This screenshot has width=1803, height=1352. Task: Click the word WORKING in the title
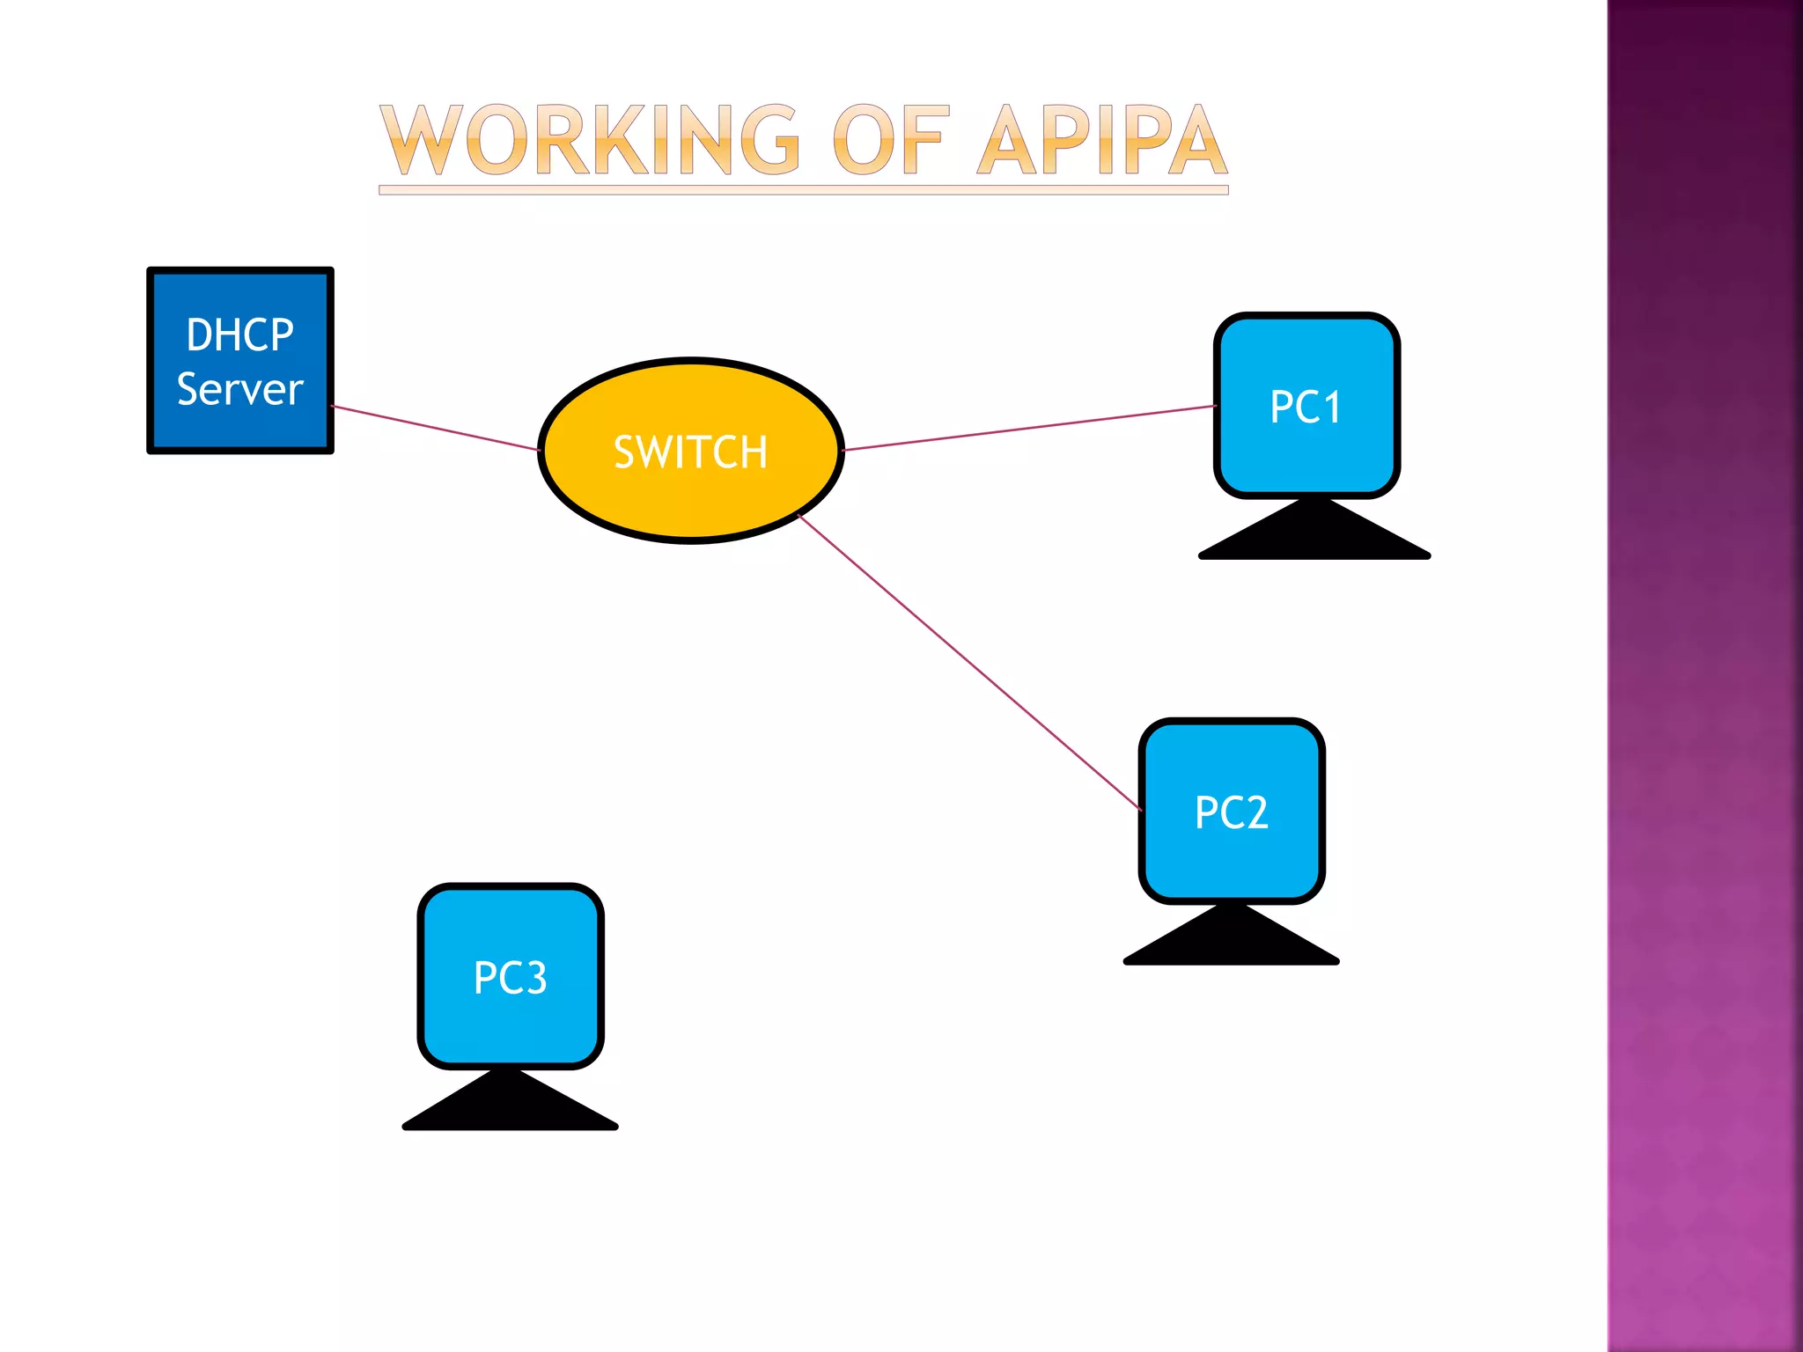tap(590, 141)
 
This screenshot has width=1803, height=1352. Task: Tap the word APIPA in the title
tap(1102, 141)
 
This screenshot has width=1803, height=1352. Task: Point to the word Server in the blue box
tap(240, 390)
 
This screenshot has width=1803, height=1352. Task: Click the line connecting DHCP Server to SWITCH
tap(436, 429)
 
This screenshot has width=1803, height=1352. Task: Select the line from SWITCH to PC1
tap(1030, 428)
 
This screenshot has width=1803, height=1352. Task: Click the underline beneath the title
tap(803, 190)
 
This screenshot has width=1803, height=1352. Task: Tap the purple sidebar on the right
tap(1704, 676)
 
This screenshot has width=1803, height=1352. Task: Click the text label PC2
tap(1232, 812)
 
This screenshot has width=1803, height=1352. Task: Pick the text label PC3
tap(511, 978)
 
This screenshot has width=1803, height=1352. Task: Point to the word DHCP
tap(240, 335)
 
